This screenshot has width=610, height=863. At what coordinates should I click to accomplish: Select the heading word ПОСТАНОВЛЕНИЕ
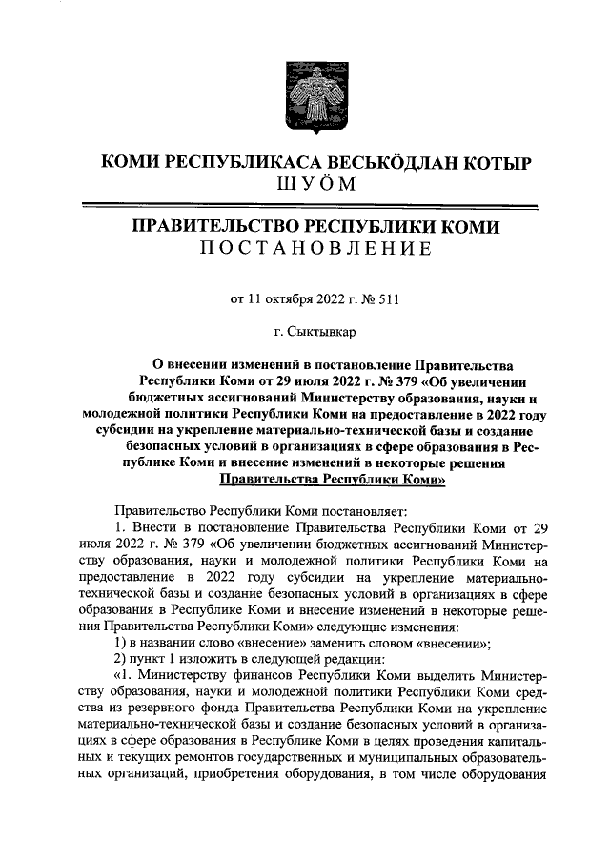[x=315, y=249]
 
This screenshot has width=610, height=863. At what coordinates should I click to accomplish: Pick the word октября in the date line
[x=291, y=298]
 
